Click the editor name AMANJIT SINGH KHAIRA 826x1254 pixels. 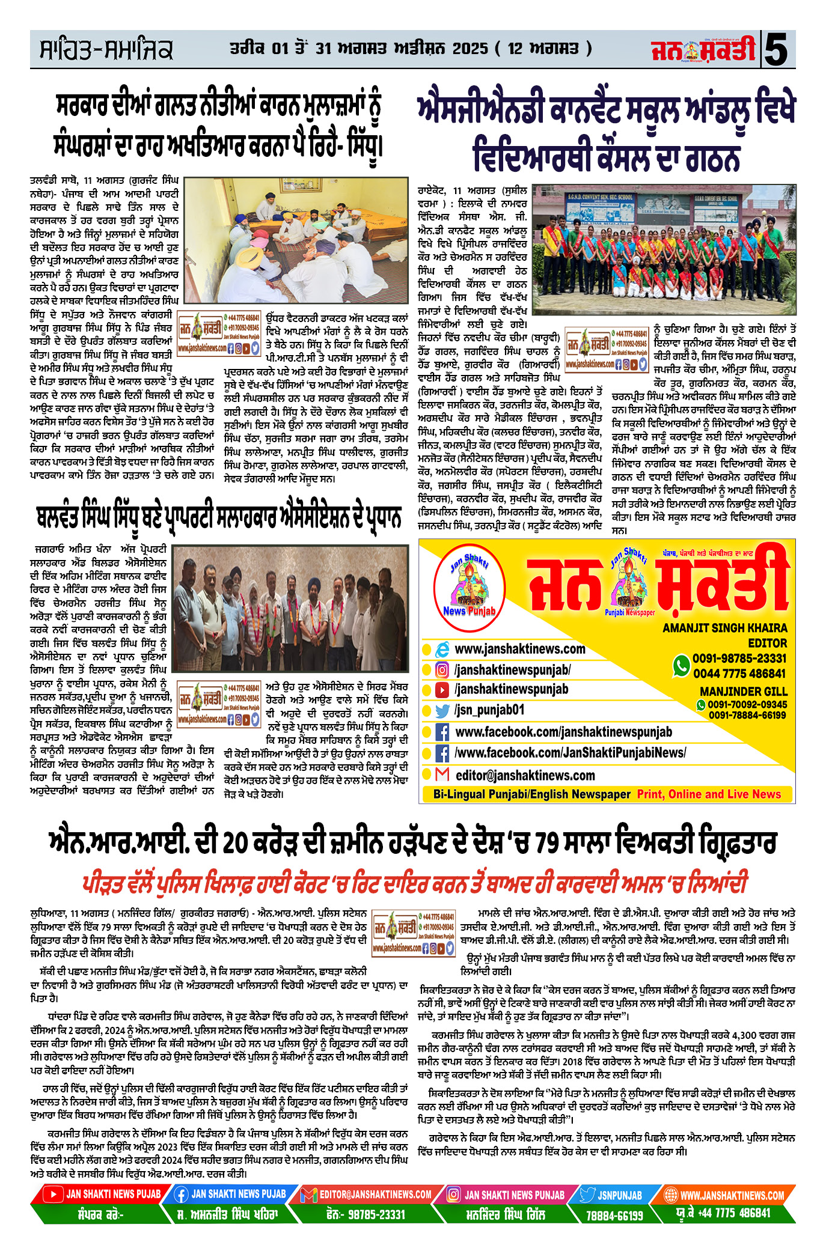pos(724,628)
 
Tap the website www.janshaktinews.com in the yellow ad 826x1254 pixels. pos(519,649)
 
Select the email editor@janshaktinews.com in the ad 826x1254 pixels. pos(525,775)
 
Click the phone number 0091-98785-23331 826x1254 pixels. pos(739,659)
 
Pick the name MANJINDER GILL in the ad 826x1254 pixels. pos(743,692)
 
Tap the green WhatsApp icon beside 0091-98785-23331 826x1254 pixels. pos(681,665)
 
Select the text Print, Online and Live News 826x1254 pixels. pos(709,794)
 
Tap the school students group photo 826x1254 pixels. pos(664,249)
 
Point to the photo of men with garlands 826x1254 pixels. pos(291,608)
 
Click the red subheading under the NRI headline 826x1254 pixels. pos(414,883)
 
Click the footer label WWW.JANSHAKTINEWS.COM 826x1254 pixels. pos(732,1195)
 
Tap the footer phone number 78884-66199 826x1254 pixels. pos(614,1216)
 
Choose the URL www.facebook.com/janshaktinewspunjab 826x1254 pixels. pos(563,732)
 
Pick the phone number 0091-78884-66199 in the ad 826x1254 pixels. pos(747,715)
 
